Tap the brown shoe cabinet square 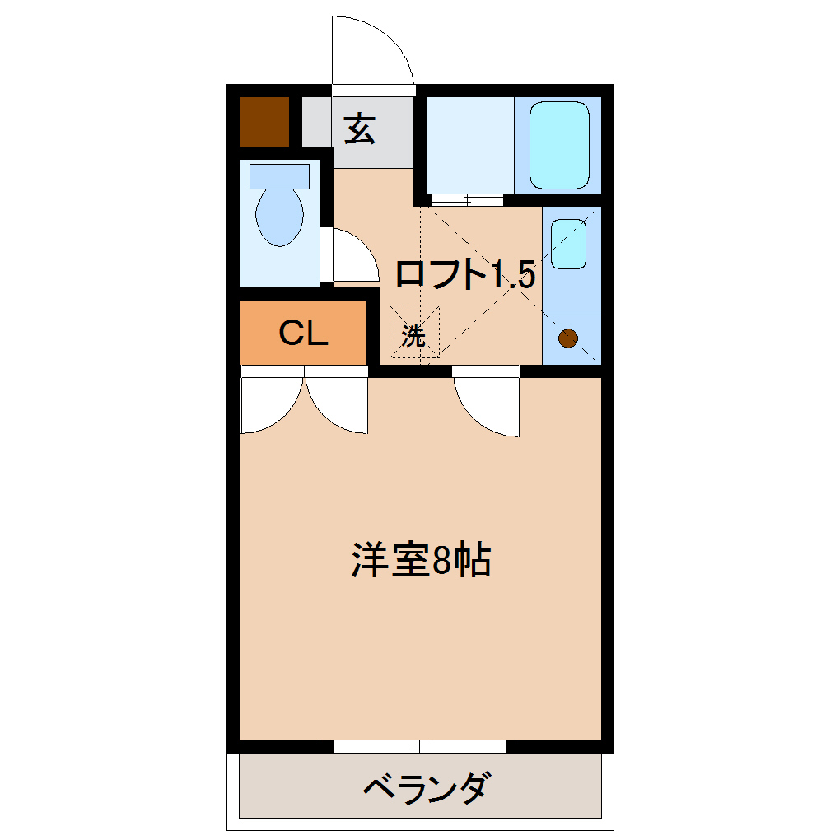(264, 121)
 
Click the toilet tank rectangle (279, 175)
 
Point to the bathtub (559, 145)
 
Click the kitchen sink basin (568, 244)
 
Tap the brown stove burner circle (568, 337)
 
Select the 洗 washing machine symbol (414, 334)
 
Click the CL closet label (303, 333)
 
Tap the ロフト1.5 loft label (465, 274)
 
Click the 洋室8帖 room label (421, 561)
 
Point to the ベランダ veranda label (428, 788)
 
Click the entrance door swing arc (375, 49)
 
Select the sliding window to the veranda (420, 746)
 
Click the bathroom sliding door (466, 199)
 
